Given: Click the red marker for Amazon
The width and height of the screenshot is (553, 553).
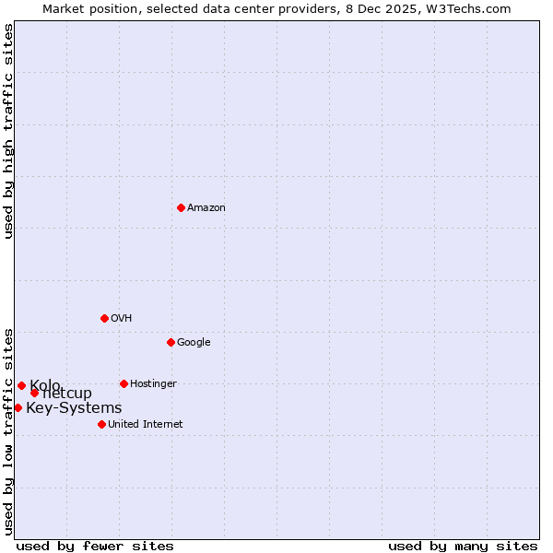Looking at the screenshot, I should pos(181,207).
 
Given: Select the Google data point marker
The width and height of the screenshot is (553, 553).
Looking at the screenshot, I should pos(171,342).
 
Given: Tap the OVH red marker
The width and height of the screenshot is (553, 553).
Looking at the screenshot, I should pos(104,318).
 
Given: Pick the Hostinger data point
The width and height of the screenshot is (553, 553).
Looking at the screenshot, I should pos(124,383).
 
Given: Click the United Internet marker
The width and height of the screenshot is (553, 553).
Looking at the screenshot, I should pos(101,424).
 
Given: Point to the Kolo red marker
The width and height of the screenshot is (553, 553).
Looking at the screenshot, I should pos(21,385).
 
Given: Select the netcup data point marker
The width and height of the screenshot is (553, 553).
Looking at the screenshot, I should pos(34,393).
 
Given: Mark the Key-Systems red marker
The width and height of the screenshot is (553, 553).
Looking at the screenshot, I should pos(18,407).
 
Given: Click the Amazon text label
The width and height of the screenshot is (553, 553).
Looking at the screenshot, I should pos(206,208).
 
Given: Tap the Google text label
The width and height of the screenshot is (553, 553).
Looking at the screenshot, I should pos(194,343).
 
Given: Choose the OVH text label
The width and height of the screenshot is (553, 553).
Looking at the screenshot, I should pos(121,319).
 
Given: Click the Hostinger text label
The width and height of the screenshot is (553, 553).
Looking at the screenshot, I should pos(153,384).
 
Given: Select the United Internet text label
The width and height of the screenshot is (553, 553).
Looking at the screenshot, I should pos(145,425).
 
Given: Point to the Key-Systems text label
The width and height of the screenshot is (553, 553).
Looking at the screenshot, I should pos(74,408).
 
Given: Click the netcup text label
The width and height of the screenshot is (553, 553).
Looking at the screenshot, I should pos(67,394).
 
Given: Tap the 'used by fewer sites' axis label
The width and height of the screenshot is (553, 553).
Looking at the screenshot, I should pos(95,546).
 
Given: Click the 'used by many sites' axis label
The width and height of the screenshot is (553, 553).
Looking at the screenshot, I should pos(463,546).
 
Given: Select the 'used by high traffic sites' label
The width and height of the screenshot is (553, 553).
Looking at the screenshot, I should pos(9,131).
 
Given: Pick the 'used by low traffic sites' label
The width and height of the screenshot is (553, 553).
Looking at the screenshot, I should pos(9,430).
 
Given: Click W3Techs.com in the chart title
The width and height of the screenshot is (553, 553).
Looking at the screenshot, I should pos(466,8).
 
